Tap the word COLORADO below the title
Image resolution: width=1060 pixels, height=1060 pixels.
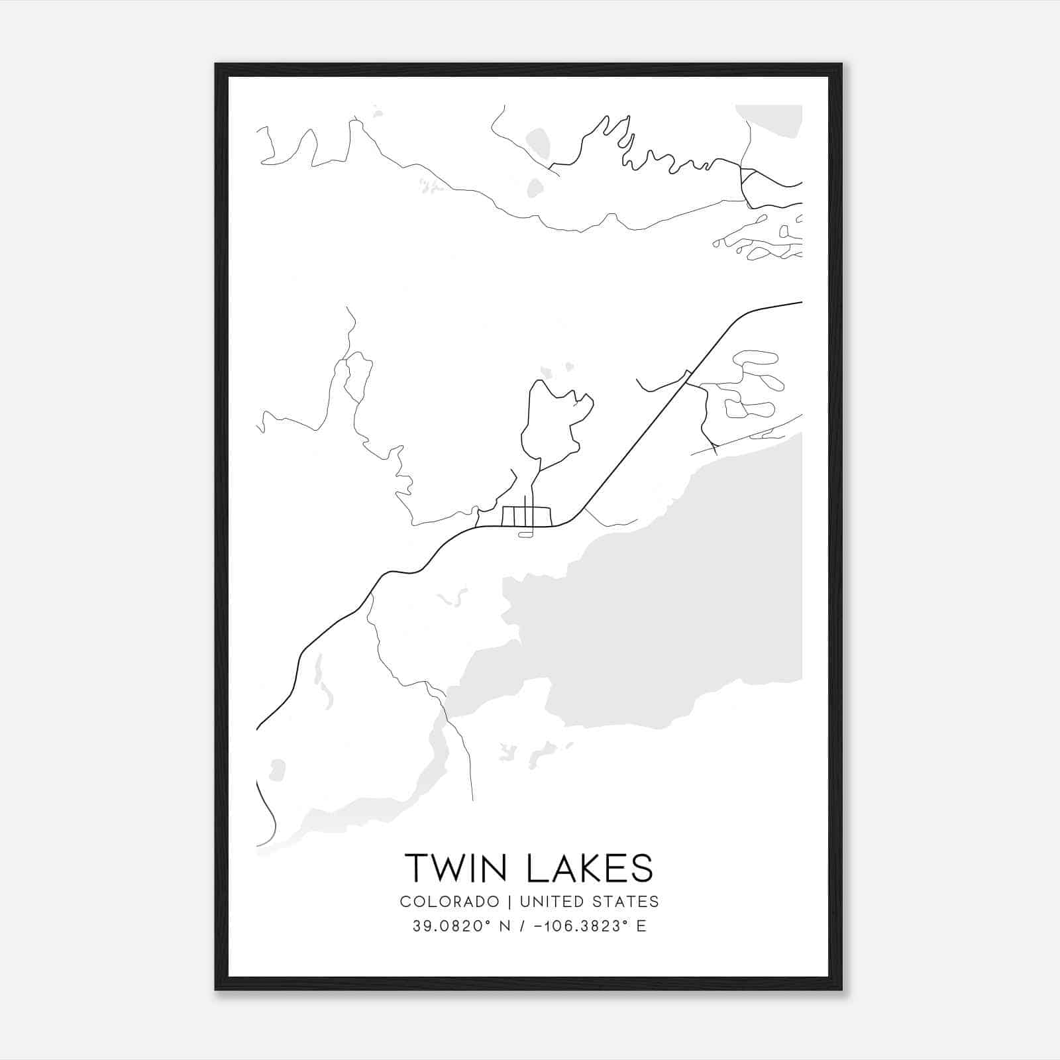point(449,902)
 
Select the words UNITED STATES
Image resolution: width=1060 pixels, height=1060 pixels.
point(589,902)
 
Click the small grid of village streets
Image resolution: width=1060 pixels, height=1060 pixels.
point(526,516)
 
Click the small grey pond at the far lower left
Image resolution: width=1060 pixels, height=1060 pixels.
point(278,770)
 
